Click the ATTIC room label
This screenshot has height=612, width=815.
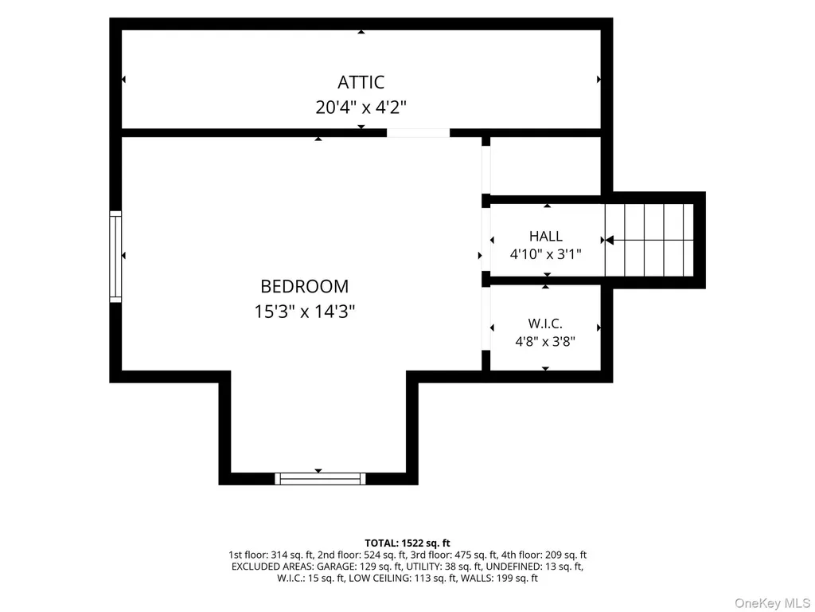coord(361,82)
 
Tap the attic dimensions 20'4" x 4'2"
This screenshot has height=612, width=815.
coord(361,108)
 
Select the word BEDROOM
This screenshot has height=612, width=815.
coord(305,286)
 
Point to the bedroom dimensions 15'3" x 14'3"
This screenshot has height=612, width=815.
coord(305,312)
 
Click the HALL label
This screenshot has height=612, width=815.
coord(546,236)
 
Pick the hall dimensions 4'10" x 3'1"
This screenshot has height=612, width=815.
coord(546,254)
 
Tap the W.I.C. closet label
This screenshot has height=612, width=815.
coord(545,324)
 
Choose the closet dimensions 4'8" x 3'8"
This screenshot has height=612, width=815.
coord(545,342)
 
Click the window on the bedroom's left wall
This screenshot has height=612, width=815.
coord(115,257)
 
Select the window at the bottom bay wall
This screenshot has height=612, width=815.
coord(320,479)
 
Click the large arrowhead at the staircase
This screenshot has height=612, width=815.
coord(610,240)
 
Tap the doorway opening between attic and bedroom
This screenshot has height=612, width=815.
coord(419,133)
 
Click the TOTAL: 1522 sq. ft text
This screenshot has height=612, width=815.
coord(407,543)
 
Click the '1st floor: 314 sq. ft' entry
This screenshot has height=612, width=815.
coord(271,555)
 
